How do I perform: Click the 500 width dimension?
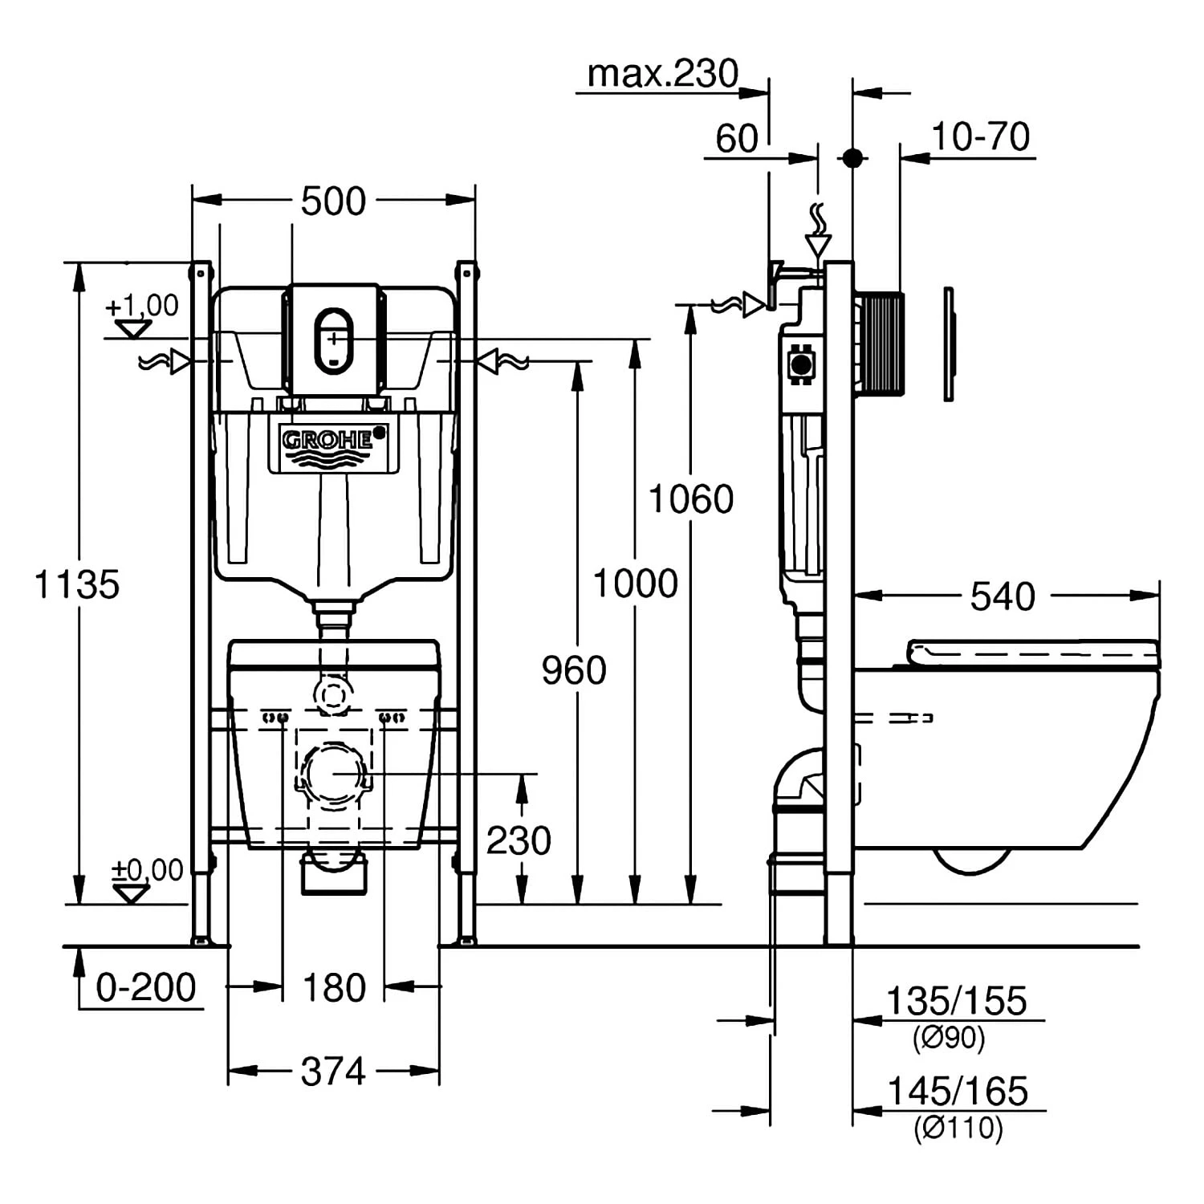click(x=333, y=201)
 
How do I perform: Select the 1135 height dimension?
click(x=77, y=584)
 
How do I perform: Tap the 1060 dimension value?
click(x=690, y=499)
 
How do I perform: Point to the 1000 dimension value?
click(x=635, y=584)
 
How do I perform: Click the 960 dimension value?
click(x=573, y=670)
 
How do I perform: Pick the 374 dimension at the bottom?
click(x=332, y=1072)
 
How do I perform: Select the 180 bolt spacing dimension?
click(x=334, y=987)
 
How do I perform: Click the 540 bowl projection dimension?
click(x=1003, y=596)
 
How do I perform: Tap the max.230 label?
click(x=662, y=74)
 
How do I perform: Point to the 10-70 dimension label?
click(x=980, y=136)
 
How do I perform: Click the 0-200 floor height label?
click(x=145, y=987)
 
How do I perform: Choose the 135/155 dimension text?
click(x=955, y=1002)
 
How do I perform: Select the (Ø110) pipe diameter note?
click(x=958, y=1128)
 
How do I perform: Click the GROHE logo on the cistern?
click(x=327, y=440)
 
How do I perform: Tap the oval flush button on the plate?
click(x=332, y=340)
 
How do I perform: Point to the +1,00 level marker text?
click(x=142, y=306)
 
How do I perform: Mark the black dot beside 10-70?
click(x=852, y=157)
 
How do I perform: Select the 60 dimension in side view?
click(x=736, y=139)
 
